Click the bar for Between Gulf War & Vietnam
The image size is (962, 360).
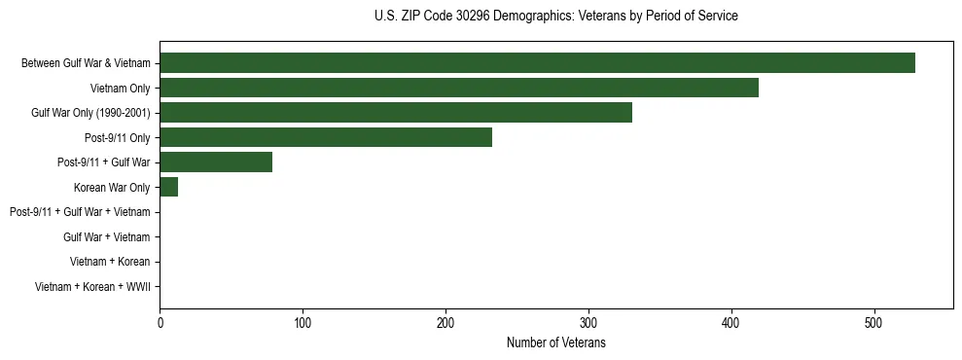pos(537,63)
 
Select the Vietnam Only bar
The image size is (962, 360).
pos(458,89)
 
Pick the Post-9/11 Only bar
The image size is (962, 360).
pos(325,138)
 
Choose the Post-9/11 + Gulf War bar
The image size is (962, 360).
pos(215,162)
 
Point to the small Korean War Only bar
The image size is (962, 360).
pos(168,188)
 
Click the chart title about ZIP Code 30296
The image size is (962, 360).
pos(555,17)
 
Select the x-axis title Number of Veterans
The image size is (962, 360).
pos(555,342)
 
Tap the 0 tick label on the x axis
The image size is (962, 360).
pos(160,323)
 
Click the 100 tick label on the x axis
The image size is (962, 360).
pos(303,323)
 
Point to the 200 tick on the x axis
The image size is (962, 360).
pos(445,323)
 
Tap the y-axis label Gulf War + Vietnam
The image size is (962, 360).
pos(106,237)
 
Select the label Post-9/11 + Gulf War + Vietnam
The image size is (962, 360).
pos(80,212)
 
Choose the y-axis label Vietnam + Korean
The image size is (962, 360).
pos(110,262)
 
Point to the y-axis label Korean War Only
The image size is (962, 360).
pos(112,188)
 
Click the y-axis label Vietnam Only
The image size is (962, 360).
pos(120,89)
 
